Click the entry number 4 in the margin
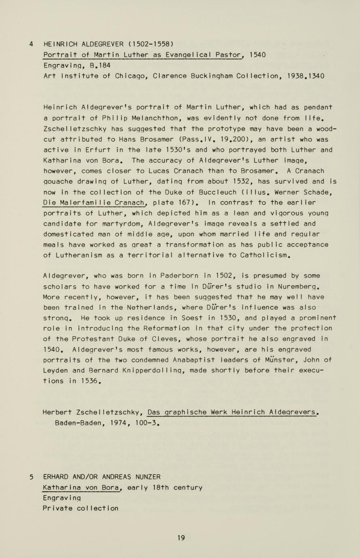pyautogui.click(x=31, y=44)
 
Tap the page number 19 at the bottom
pyautogui.click(x=181, y=538)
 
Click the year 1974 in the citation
pyautogui.click(x=120, y=423)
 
